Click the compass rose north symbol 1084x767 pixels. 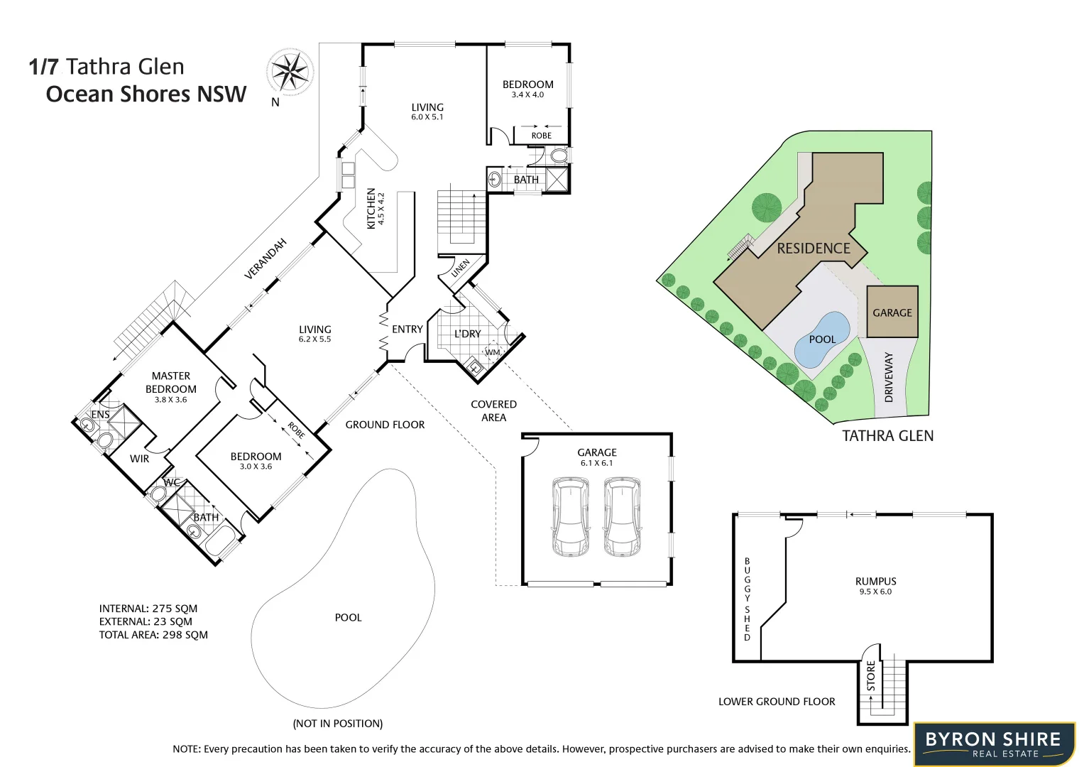pyautogui.click(x=290, y=72)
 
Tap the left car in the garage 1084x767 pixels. pyautogui.click(x=571, y=517)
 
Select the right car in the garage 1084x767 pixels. pyautogui.click(x=622, y=517)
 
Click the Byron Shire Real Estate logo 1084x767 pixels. pyautogui.click(x=994, y=744)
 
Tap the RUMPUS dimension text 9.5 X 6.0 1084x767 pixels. pyautogui.click(x=875, y=592)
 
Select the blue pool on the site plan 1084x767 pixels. pyautogui.click(x=821, y=339)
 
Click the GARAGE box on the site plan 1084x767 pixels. pyautogui.click(x=892, y=312)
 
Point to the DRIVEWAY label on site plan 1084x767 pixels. pyautogui.click(x=889, y=377)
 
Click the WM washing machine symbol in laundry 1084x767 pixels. pyautogui.click(x=492, y=352)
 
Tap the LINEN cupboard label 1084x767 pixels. pyautogui.click(x=461, y=268)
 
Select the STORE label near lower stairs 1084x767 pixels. pyautogui.click(x=871, y=676)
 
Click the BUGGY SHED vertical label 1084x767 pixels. pyautogui.click(x=747, y=599)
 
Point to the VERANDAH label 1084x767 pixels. pyautogui.click(x=265, y=259)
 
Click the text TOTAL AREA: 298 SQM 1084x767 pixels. pyautogui.click(x=153, y=635)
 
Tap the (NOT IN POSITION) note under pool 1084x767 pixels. pyautogui.click(x=338, y=723)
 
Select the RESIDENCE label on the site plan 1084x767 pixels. pyautogui.click(x=814, y=249)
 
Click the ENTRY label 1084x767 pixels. pyautogui.click(x=407, y=330)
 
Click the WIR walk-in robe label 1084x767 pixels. pyautogui.click(x=140, y=459)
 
